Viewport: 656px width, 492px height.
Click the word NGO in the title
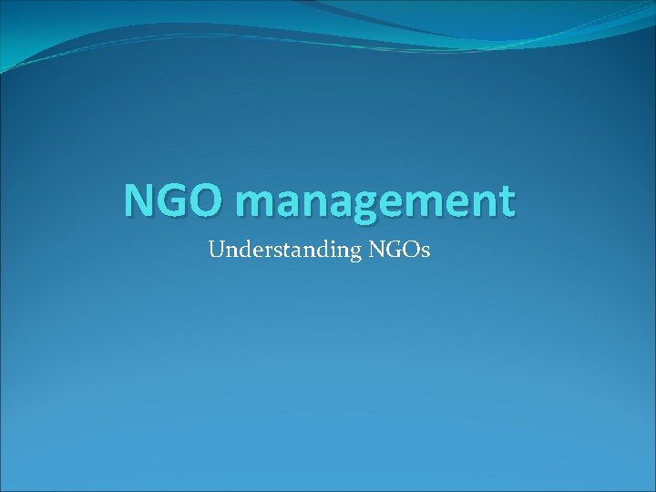(170, 200)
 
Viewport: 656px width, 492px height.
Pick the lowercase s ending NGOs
(425, 251)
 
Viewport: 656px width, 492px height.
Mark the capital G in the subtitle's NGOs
(393, 249)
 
